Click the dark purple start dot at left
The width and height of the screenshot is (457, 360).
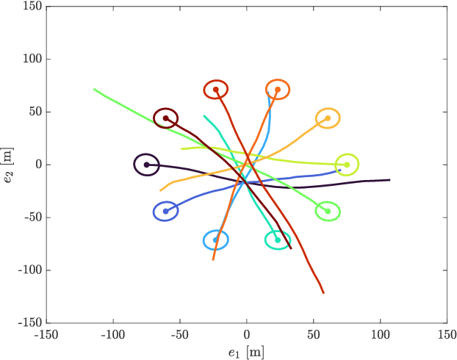pos(146,165)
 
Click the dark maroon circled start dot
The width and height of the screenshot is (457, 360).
pos(165,118)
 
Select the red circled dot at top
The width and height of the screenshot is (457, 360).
pos(215,90)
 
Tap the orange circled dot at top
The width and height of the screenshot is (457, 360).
pos(278,90)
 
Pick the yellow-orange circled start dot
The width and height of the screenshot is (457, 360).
pos(328,118)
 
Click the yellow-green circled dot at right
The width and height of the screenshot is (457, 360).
pos(347,165)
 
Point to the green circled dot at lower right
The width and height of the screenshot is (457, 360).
pos(328,212)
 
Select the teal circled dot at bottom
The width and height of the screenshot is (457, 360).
pos(278,240)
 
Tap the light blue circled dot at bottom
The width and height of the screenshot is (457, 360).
pos(215,240)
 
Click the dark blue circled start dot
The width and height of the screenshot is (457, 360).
pos(165,212)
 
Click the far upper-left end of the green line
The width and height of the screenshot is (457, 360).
pos(94,89)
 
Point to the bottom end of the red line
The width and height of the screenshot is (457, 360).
pos(323,293)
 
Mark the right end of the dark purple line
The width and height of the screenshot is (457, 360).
pos(389,179)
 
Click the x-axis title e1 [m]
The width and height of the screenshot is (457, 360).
pos(246,352)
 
